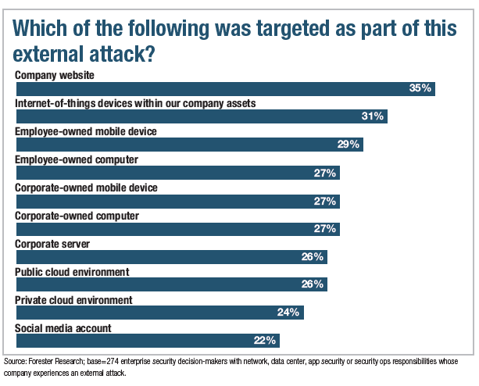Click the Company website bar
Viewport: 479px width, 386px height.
pyautogui.click(x=225, y=88)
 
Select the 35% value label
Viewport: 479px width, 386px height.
pyautogui.click(x=420, y=88)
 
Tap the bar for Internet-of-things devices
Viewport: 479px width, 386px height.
pyautogui.click(x=202, y=116)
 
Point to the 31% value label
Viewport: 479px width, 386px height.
pyautogui.click(x=373, y=116)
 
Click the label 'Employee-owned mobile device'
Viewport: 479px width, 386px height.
pyautogui.click(x=87, y=131)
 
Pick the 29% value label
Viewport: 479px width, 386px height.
pyautogui.click(x=349, y=145)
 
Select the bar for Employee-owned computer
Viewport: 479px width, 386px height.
pyautogui.click(x=177, y=173)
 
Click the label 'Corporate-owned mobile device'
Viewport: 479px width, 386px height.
pyautogui.click(x=87, y=188)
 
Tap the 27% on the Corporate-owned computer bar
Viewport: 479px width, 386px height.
pyautogui.click(x=325, y=229)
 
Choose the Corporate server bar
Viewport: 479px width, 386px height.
pyautogui.click(x=171, y=257)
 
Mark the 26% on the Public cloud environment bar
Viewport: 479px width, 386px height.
pyautogui.click(x=313, y=285)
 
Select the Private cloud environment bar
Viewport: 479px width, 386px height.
pyautogui.click(x=159, y=313)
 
